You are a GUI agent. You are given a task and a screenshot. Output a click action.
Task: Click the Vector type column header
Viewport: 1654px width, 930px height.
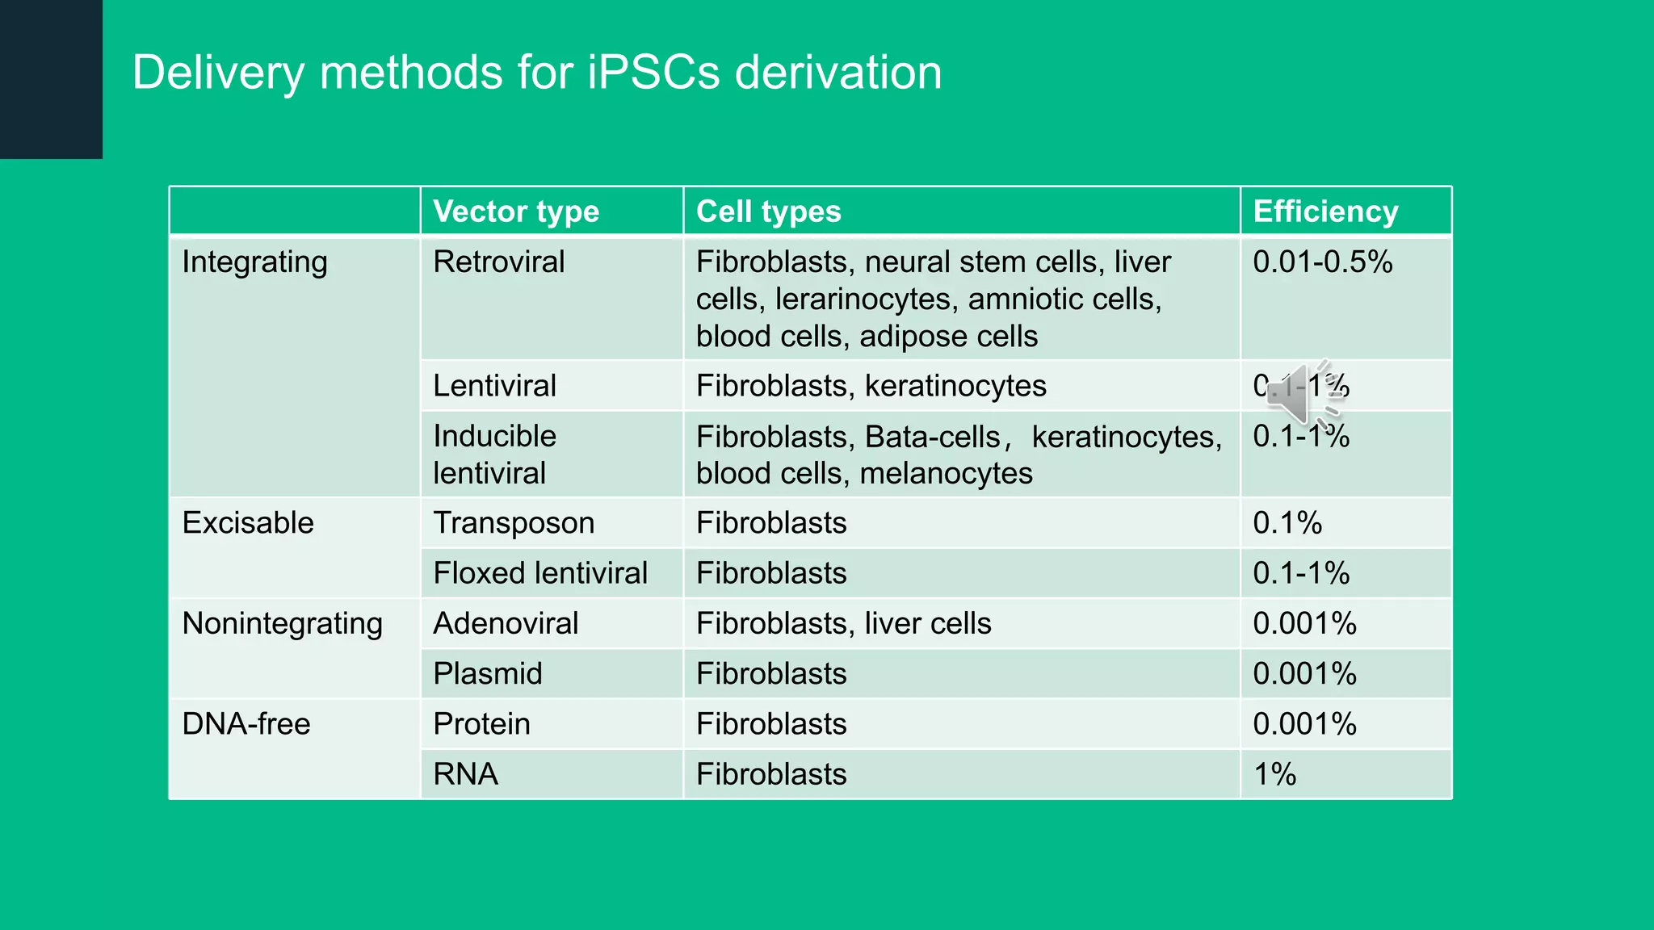click(x=516, y=212)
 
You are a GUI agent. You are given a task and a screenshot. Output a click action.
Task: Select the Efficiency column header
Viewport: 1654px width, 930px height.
click(x=1325, y=212)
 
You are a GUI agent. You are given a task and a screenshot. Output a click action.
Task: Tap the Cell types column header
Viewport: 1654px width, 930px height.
click(x=768, y=212)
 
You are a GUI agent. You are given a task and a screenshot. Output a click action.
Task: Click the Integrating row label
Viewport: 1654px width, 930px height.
click(x=254, y=262)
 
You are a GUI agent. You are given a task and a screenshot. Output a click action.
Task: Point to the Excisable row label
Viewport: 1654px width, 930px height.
click(x=248, y=523)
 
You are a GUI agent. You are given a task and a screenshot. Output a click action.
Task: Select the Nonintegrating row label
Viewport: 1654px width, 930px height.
click(x=282, y=624)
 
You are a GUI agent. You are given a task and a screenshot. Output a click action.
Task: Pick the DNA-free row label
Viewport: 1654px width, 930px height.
click(x=246, y=724)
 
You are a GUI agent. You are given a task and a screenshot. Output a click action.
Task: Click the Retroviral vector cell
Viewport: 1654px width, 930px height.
click(x=498, y=262)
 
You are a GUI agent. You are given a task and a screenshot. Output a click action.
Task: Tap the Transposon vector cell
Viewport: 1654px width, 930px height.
click(x=514, y=523)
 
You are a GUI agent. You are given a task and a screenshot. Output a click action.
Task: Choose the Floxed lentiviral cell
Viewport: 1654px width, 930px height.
click(x=540, y=573)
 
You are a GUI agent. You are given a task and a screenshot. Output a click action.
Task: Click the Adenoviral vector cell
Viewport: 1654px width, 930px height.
click(x=506, y=624)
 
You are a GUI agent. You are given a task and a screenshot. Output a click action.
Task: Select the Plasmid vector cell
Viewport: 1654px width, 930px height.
click(x=488, y=674)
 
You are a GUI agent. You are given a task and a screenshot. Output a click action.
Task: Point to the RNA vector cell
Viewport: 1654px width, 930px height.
click(x=465, y=774)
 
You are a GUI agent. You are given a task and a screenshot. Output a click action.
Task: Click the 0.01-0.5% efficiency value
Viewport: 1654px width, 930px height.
click(x=1322, y=262)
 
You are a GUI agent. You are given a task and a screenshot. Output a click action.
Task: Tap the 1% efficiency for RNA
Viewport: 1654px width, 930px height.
click(x=1274, y=774)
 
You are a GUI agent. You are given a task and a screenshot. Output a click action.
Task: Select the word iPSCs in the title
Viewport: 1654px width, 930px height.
click(x=653, y=73)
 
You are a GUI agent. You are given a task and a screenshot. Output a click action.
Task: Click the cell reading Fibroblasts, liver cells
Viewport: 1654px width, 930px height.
click(x=843, y=624)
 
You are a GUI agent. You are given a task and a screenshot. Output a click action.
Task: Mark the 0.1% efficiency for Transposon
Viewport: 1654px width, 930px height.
click(x=1287, y=523)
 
